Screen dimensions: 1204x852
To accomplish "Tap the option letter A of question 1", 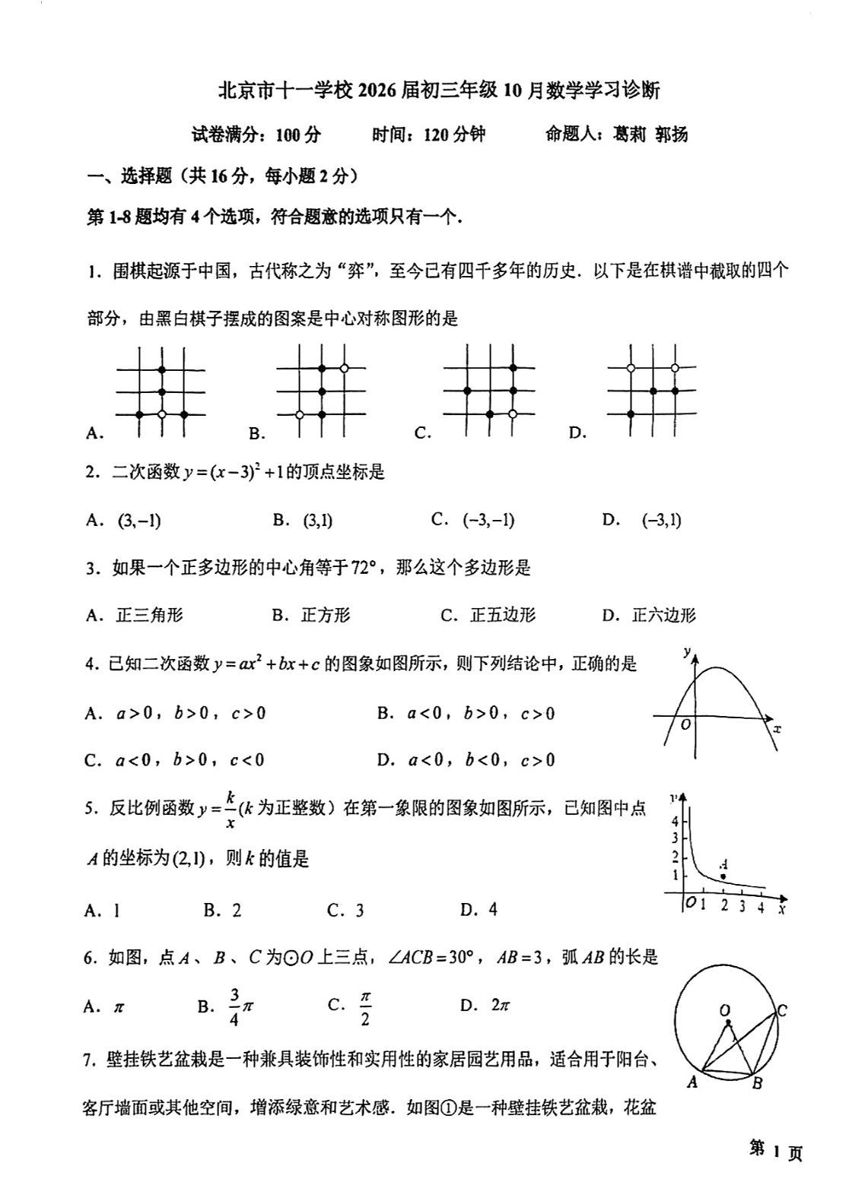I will (x=94, y=434).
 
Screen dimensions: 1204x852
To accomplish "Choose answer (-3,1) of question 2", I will (x=661, y=521).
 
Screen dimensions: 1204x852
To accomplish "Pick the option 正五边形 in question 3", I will (x=503, y=615).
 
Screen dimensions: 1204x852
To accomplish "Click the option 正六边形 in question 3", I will (x=664, y=615).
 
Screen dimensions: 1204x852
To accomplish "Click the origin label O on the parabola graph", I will (x=685, y=725).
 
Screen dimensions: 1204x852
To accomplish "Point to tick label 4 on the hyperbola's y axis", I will (x=675, y=822).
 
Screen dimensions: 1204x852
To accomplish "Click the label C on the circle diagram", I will (x=781, y=1011).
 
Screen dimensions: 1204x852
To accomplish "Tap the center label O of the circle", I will (x=725, y=1010).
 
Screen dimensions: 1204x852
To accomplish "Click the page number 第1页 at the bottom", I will (x=775, y=1152).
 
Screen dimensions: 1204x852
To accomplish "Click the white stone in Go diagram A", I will (x=161, y=414).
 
